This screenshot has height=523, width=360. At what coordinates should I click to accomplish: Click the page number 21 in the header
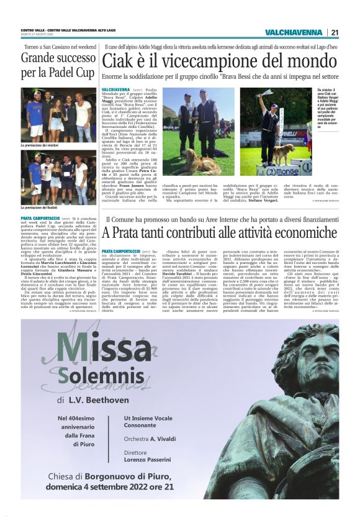(335, 32)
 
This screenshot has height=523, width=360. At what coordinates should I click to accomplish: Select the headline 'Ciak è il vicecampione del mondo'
(220, 61)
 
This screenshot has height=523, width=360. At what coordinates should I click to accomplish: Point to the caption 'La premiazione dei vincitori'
(44, 145)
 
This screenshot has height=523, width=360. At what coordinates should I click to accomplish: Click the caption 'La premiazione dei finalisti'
(43, 206)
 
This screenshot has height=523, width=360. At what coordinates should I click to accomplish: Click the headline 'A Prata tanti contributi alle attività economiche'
(220, 234)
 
